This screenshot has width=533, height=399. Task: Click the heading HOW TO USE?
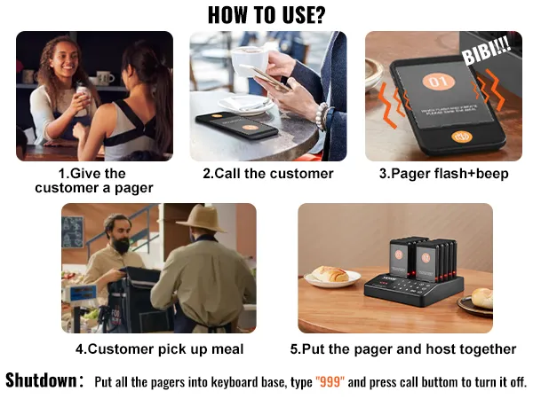pyautogui.click(x=266, y=14)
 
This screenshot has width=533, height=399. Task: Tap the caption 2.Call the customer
pyautogui.click(x=267, y=174)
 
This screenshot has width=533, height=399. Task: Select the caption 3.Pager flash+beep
pyautogui.click(x=443, y=174)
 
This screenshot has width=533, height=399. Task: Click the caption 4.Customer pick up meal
pyautogui.click(x=159, y=348)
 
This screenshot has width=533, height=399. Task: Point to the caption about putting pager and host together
pyautogui.click(x=402, y=348)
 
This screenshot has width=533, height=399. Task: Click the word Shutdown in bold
pyautogui.click(x=41, y=381)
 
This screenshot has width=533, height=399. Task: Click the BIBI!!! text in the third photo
pyautogui.click(x=485, y=54)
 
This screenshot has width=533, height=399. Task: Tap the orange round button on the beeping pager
pyautogui.click(x=461, y=137)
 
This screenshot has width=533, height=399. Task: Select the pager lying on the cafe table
pyautogui.click(x=236, y=126)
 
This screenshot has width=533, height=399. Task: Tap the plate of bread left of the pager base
pyautogui.click(x=329, y=276)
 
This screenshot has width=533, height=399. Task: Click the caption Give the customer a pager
pyautogui.click(x=93, y=181)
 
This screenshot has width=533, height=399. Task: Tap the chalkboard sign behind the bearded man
pyautogui.click(x=73, y=231)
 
